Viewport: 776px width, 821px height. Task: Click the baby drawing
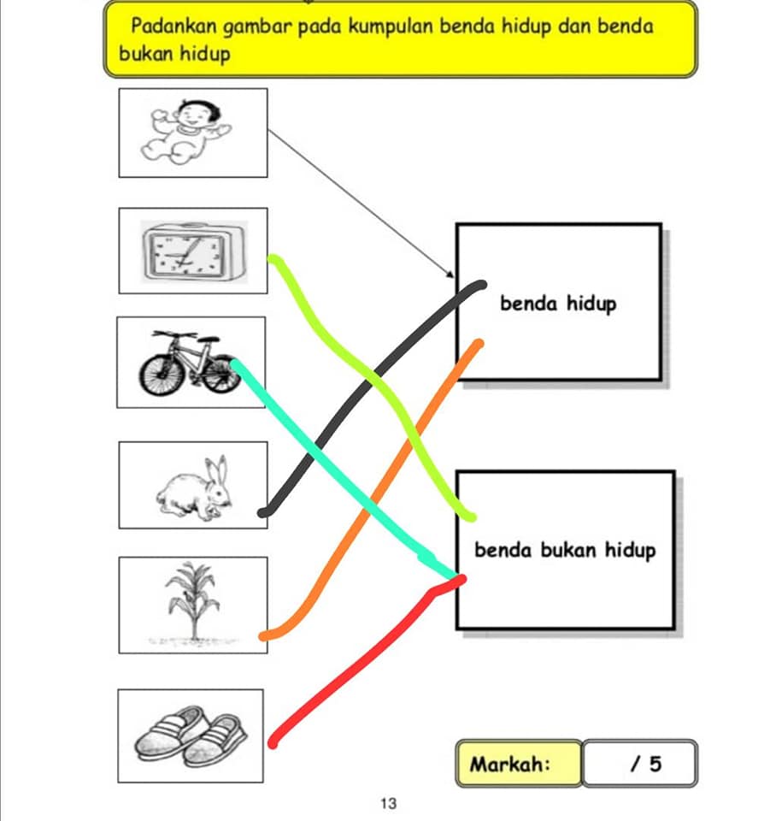185,132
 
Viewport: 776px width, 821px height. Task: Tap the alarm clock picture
194,251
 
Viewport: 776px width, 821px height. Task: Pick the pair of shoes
191,735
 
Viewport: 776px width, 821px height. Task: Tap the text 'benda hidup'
558,304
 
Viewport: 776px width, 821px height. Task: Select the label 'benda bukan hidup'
565,550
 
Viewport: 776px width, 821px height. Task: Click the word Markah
509,764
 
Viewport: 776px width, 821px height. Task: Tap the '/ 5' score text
646,764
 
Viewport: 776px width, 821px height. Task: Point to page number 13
388,803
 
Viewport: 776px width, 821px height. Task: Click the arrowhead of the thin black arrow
450,274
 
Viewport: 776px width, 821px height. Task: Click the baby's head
197,113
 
